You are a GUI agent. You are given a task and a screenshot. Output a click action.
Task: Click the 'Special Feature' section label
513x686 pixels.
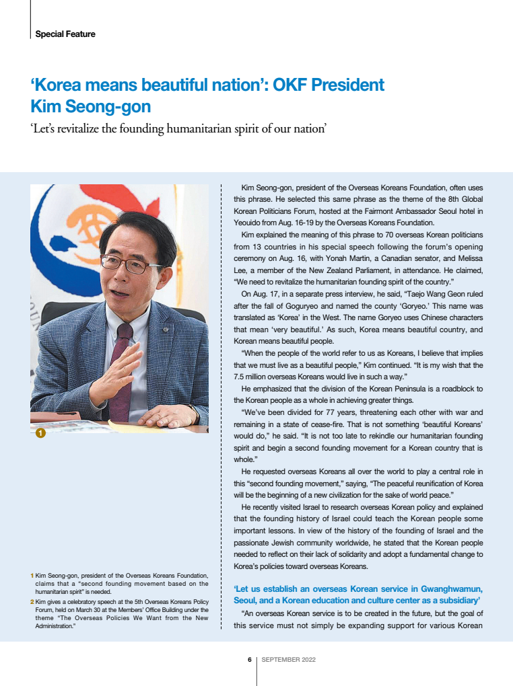tap(65, 34)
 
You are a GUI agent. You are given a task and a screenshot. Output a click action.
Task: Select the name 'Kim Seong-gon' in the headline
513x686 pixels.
tap(90, 107)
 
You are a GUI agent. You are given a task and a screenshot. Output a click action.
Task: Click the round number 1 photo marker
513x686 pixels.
tap(40, 434)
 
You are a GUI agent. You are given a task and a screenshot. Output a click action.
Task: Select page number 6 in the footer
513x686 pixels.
tap(249, 660)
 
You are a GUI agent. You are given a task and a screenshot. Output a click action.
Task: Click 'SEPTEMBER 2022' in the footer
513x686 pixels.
tap(288, 660)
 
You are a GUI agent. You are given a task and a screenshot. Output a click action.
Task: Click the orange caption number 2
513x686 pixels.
tap(32, 601)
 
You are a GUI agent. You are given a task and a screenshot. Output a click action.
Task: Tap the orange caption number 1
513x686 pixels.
tap(32, 576)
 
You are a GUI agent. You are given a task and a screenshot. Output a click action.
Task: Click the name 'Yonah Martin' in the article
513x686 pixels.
tap(362, 258)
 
